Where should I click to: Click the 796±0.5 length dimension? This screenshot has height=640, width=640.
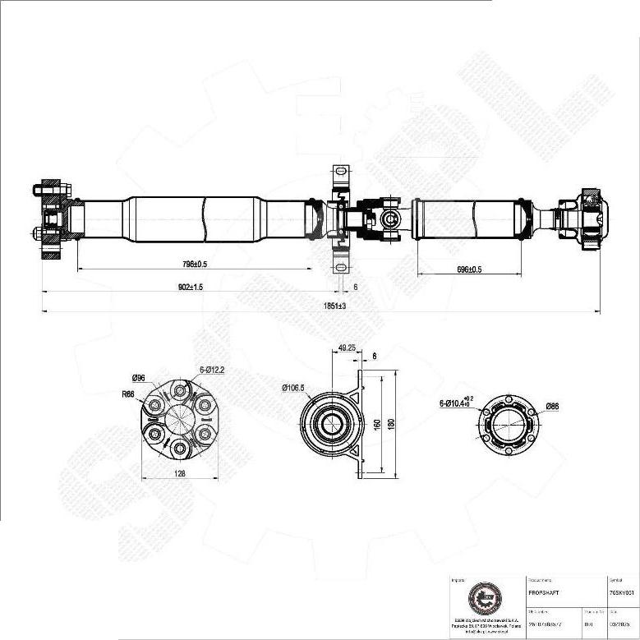pyautogui.click(x=195, y=265)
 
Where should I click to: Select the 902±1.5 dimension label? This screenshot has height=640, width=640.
pyautogui.click(x=191, y=287)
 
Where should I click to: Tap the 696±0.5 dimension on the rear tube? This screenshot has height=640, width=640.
pyautogui.click(x=468, y=269)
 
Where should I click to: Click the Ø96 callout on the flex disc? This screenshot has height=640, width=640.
pyautogui.click(x=138, y=378)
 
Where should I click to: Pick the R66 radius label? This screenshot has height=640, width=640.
pyautogui.click(x=128, y=394)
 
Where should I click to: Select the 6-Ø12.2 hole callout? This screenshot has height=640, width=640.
pyautogui.click(x=211, y=370)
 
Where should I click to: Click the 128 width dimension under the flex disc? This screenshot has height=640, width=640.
pyautogui.click(x=179, y=473)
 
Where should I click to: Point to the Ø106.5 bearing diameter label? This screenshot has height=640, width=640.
pyautogui.click(x=292, y=388)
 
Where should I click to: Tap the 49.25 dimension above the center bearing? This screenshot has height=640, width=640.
pyautogui.click(x=347, y=348)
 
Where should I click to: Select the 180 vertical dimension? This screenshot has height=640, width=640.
pyautogui.click(x=392, y=423)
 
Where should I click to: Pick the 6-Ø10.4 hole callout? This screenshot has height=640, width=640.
pyautogui.click(x=455, y=403)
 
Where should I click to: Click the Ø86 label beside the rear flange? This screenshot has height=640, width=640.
pyautogui.click(x=552, y=405)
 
